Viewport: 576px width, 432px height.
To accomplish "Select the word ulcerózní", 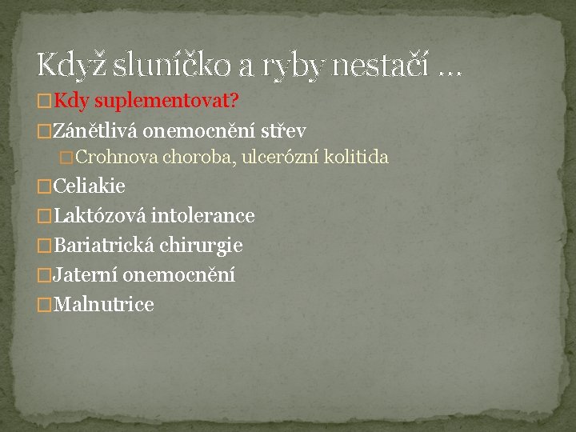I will (x=282, y=157).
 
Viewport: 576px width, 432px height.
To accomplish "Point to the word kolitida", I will (x=358, y=157).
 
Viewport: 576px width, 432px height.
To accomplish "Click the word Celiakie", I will (x=89, y=186).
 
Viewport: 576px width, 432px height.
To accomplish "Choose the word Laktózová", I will (x=99, y=216).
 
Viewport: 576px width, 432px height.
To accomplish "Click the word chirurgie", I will (x=201, y=246).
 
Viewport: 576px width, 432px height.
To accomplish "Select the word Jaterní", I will (x=84, y=275).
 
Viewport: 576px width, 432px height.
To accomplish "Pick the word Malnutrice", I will (x=102, y=305).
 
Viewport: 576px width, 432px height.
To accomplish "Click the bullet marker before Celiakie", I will (x=45, y=187).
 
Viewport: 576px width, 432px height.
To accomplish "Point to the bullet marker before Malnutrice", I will (x=45, y=306).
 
